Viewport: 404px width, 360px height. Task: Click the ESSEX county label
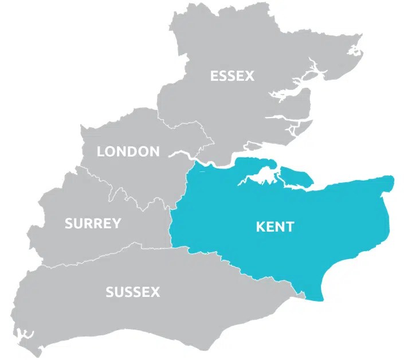[232, 76]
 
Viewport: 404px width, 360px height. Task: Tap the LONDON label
[128, 151]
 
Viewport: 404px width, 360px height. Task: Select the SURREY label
[93, 223]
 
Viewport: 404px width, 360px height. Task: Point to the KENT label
[274, 226]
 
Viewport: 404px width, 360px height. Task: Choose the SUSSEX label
[132, 292]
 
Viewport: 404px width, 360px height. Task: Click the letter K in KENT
[260, 226]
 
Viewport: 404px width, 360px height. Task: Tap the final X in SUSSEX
[155, 292]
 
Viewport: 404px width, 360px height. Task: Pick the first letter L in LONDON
[100, 151]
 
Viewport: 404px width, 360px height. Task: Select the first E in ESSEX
[214, 76]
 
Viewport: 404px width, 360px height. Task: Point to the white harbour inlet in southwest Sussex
[26, 335]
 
